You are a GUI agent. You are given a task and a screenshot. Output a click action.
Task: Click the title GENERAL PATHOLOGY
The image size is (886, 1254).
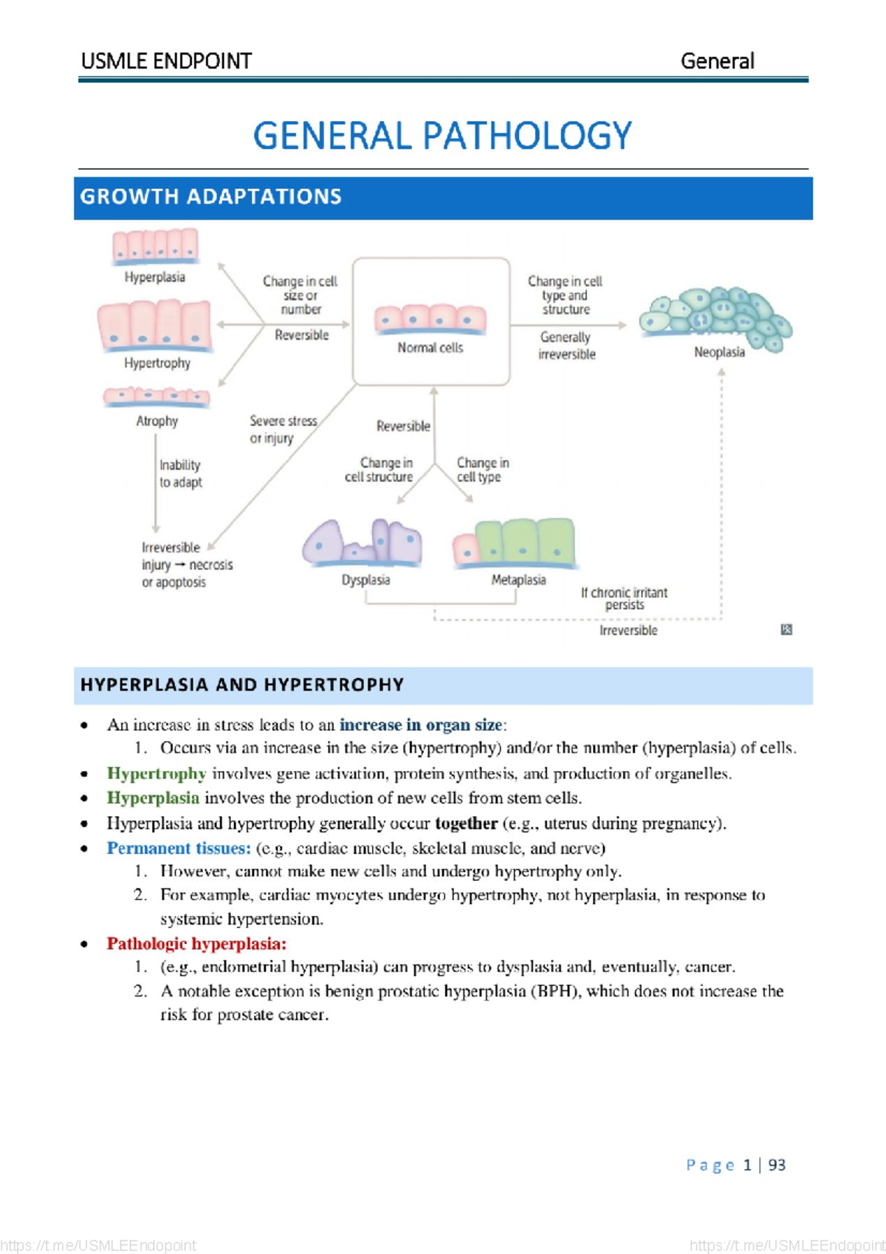pos(442,136)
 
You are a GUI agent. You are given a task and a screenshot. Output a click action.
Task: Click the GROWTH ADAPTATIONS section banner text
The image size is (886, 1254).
pos(210,196)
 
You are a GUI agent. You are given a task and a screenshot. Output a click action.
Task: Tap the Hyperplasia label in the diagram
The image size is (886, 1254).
pos(154,278)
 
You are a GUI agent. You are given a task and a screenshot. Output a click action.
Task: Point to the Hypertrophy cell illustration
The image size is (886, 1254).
pos(154,325)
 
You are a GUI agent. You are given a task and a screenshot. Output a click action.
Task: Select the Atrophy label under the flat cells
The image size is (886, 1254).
pos(157,421)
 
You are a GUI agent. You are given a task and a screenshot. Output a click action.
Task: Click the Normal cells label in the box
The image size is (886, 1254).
pos(430,348)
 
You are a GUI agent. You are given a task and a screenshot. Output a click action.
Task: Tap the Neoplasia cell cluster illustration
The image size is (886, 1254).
pos(716,318)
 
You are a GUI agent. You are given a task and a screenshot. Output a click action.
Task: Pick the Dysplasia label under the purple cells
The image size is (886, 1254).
pos(365,580)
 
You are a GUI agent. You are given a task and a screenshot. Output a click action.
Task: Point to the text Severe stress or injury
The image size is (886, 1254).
pos(283,429)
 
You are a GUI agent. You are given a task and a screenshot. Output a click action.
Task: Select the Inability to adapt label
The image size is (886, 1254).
pos(180,473)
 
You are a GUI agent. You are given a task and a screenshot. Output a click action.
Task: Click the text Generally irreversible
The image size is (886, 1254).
pos(566,346)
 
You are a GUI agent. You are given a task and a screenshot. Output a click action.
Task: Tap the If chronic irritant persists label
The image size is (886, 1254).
pos(624,598)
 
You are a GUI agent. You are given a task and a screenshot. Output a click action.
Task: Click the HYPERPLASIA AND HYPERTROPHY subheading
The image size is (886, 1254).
pos(242,685)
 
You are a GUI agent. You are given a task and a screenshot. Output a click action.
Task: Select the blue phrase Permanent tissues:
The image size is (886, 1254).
pos(179,849)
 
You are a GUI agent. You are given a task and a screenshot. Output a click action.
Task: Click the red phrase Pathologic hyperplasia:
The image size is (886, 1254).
pos(196,944)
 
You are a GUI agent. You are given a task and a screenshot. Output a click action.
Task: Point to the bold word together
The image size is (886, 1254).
pos(466,823)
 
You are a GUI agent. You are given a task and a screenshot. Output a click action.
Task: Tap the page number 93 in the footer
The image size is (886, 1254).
pos(777,1165)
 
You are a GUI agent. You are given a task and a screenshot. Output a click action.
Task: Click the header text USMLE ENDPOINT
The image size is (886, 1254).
pos(166,61)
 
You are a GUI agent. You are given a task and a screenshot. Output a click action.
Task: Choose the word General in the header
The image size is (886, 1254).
pos(717,61)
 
